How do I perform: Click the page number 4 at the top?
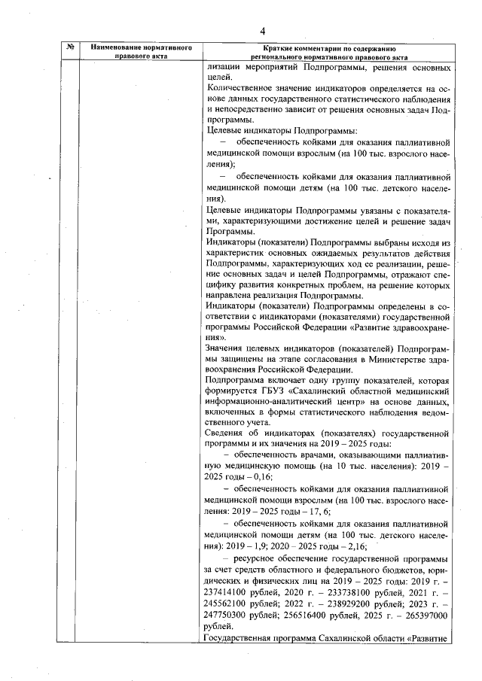(262, 31)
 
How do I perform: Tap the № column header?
(69, 48)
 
